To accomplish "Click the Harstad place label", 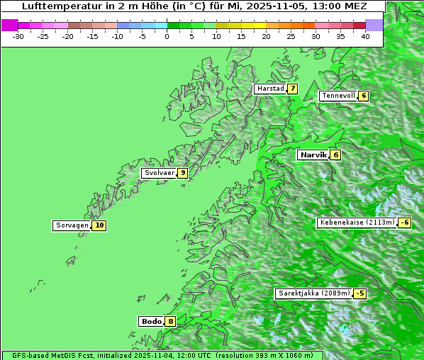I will (270, 89).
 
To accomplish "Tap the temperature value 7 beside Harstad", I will (291, 89).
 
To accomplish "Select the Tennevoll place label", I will (337, 96).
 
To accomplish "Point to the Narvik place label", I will (313, 154).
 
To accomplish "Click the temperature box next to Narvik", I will (335, 154).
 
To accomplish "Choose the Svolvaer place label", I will (159, 172).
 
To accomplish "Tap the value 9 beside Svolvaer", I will (182, 172).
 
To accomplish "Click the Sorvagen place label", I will (72, 225).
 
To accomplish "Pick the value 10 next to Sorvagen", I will (99, 225).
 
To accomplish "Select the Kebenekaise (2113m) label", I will (357, 223).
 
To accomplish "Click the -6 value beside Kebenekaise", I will (404, 223).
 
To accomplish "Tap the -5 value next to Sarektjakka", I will (360, 293).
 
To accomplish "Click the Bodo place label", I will (151, 321).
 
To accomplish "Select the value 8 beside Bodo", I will (171, 321).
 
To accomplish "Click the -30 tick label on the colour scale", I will (18, 35).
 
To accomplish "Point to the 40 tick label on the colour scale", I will (365, 35).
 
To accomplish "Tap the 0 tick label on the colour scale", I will (167, 35).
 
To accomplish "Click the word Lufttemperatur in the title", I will (55, 6).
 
